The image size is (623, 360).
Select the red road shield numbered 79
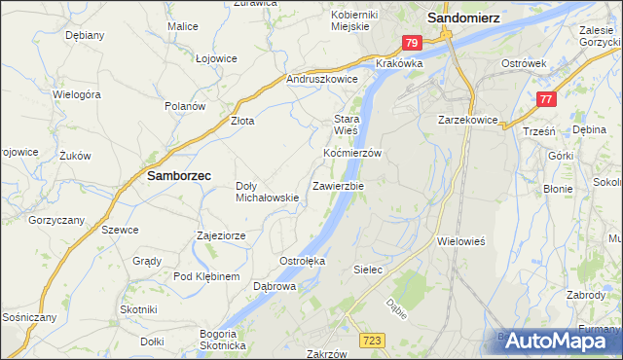411,43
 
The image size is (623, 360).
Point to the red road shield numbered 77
547,98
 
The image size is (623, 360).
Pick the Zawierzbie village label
339,185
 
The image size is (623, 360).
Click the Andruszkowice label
322,80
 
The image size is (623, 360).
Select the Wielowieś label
461,239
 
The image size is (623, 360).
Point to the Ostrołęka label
302,261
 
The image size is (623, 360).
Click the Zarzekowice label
468,121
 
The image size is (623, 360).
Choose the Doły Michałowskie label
267,192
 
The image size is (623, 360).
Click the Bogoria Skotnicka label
223,339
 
